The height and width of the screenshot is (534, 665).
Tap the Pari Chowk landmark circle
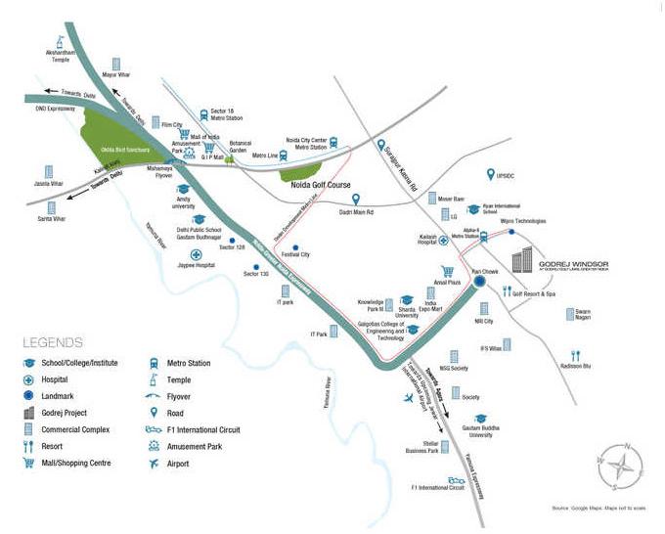pos(479,282)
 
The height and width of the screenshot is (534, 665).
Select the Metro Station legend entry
pos(187,363)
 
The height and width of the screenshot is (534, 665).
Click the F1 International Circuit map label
pos(437,487)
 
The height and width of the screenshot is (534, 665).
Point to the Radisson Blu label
pos(575,368)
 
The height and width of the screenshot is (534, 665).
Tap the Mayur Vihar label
pos(116,74)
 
